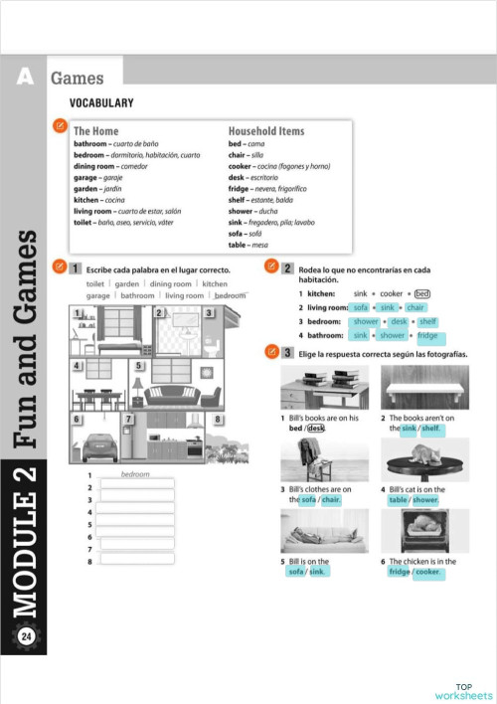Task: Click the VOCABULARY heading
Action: [101, 103]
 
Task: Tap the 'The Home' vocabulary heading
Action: [95, 130]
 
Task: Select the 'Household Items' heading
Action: [266, 130]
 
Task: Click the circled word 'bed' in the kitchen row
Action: [421, 293]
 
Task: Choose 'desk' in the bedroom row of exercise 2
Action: [400, 322]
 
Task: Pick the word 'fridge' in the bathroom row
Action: [427, 336]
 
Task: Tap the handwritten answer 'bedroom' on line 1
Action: [135, 474]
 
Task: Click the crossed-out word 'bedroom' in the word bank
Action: [231, 295]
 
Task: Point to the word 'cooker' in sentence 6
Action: [427, 572]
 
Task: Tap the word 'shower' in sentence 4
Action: [426, 500]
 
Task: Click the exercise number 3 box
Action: [287, 353]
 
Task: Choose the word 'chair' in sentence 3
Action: [331, 500]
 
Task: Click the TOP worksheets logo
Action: [463, 692]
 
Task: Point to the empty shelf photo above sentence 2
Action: [415, 386]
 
